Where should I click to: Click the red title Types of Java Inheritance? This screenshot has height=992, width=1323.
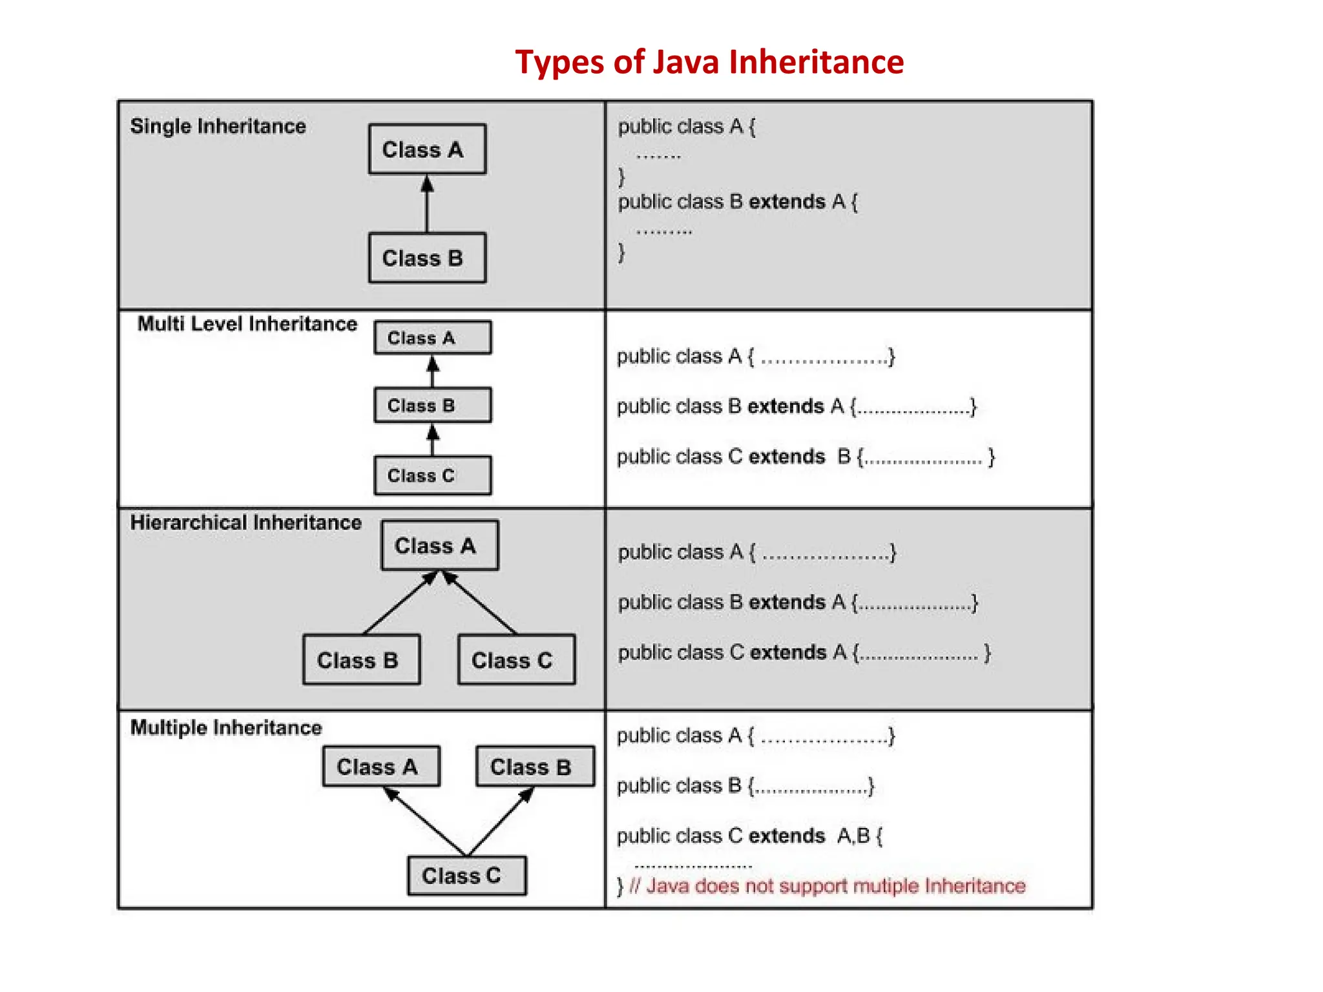(x=709, y=62)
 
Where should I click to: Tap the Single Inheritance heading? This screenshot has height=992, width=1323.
(x=218, y=126)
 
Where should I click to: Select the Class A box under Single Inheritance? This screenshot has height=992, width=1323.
(x=427, y=149)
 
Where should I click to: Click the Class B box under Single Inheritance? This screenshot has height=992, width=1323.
(x=427, y=258)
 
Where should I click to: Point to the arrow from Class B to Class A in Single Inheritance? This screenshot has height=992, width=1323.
(x=426, y=205)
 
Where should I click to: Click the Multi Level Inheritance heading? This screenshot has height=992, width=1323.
(x=247, y=324)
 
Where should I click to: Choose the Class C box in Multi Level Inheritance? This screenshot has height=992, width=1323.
(x=432, y=475)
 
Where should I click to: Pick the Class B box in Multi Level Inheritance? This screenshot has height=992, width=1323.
(x=432, y=406)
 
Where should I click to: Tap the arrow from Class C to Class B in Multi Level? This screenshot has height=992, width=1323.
(x=433, y=441)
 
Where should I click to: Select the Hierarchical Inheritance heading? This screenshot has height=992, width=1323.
(x=245, y=522)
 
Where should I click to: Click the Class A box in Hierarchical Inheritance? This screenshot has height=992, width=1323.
(x=439, y=546)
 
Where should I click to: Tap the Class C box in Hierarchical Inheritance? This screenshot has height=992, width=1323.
(x=516, y=660)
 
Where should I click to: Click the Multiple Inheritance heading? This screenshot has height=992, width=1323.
(x=226, y=727)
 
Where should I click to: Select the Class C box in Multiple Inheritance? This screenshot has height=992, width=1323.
(x=466, y=876)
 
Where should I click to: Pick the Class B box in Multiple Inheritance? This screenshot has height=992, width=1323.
(x=535, y=767)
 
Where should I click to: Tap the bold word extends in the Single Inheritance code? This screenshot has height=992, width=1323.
(x=787, y=201)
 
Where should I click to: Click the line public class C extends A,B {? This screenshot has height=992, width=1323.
(x=749, y=836)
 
